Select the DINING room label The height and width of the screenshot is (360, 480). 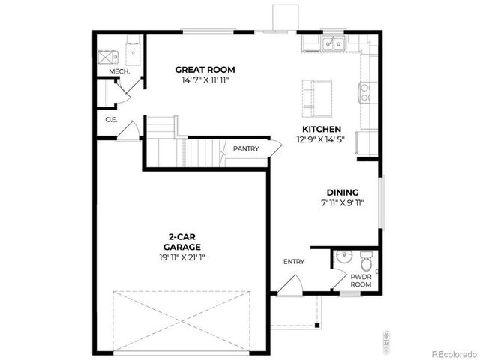pos(342,192)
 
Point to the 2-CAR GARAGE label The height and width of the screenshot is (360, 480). pos(184,241)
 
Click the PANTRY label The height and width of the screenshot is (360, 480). pos(245,148)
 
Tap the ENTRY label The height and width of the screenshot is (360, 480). pos(294,261)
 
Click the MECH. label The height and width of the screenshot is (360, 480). pos(119,71)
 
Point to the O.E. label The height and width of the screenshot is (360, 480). pos(111,120)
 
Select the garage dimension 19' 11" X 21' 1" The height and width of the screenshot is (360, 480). pos(182,257)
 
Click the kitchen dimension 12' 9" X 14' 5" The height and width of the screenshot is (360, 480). pos(320,139)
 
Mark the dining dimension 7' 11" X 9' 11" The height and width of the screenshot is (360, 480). pos(342,202)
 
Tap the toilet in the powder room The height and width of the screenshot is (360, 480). pos(366,262)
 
